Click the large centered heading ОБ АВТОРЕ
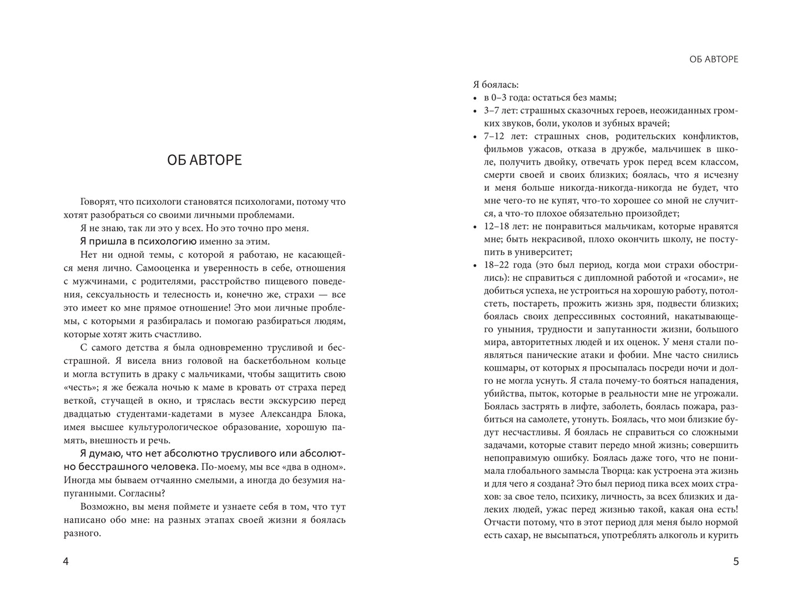[x=204, y=160]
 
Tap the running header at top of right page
[x=713, y=59]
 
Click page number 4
[x=66, y=561]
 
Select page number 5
[x=736, y=561]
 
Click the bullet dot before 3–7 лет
[x=475, y=112]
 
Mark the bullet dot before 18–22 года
[x=475, y=266]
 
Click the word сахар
[x=512, y=535]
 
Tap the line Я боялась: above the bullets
[x=496, y=85]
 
